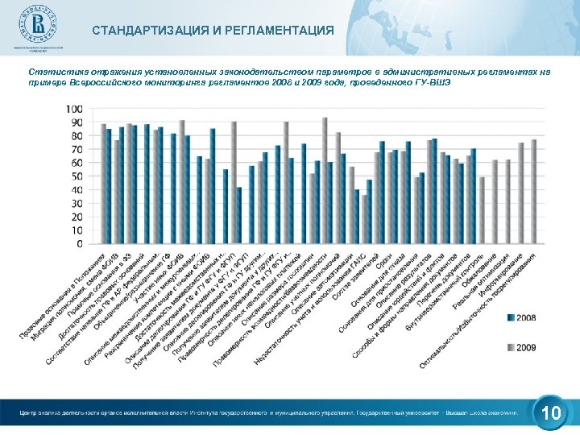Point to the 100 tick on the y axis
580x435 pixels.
(x=72, y=109)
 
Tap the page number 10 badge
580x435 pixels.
(x=551, y=414)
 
